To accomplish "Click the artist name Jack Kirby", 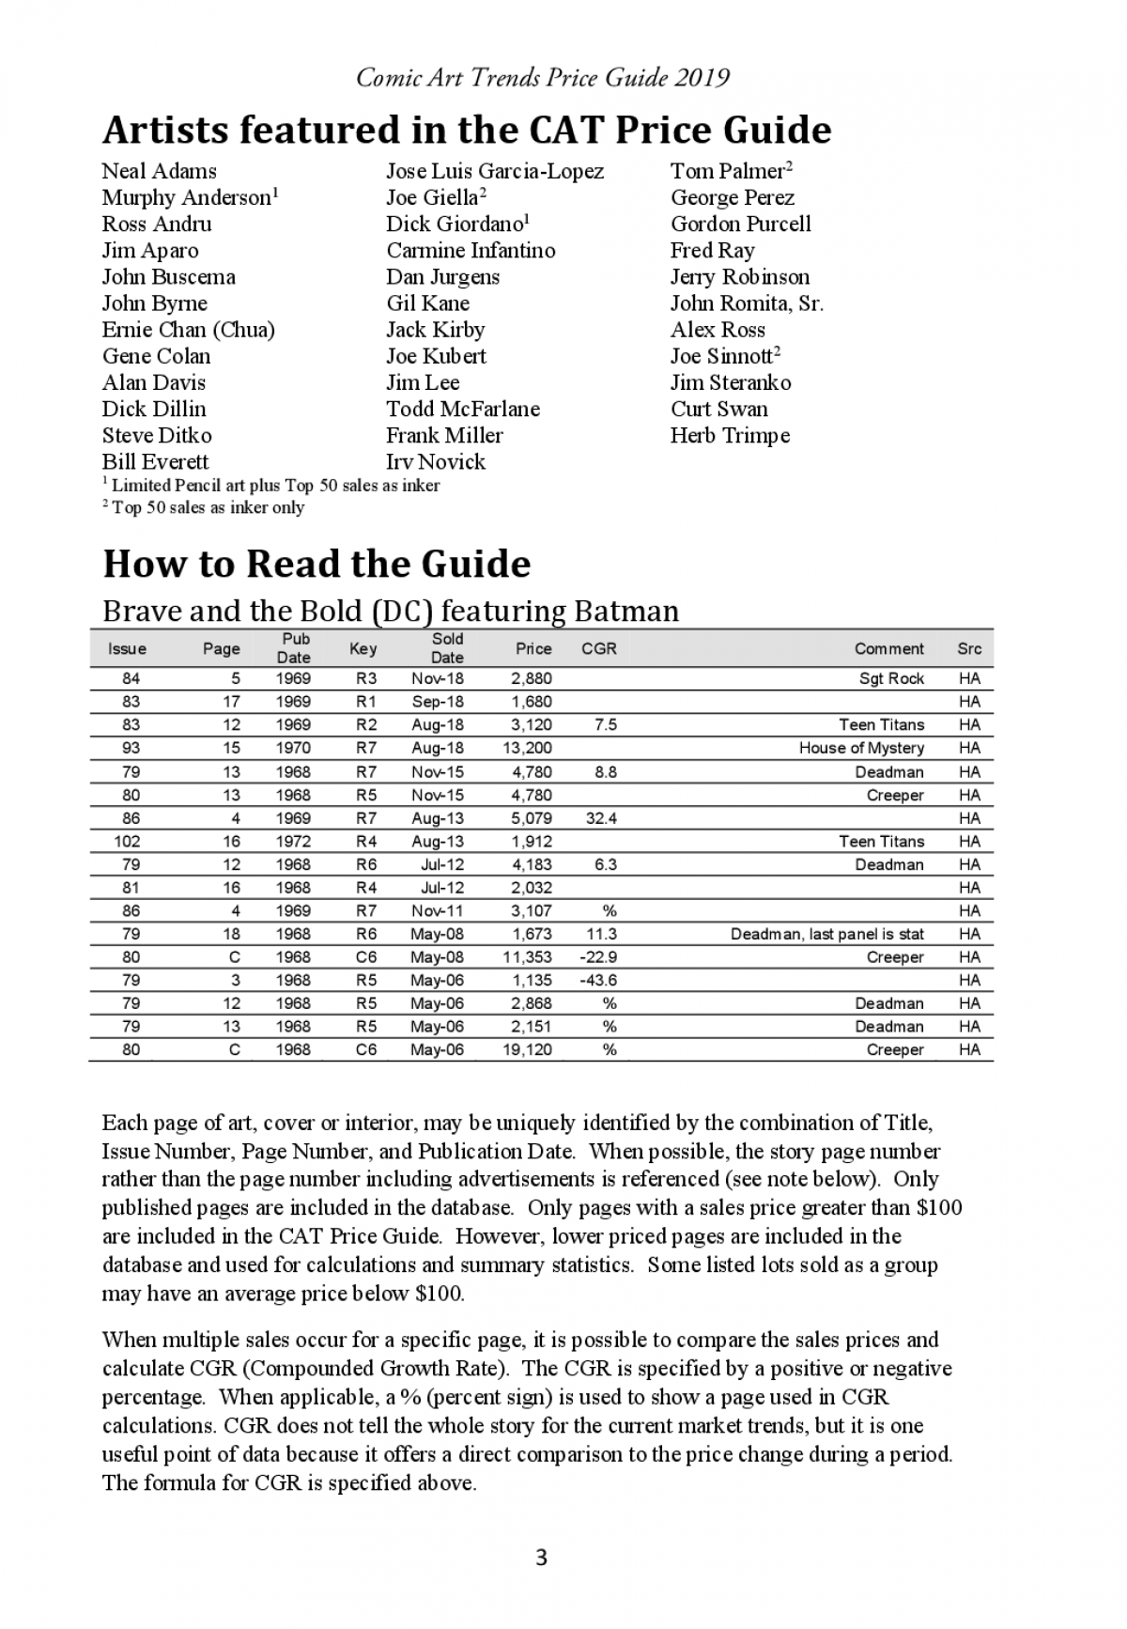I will point(435,330).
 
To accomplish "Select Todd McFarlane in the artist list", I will point(462,409).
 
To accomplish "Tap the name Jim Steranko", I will point(730,382).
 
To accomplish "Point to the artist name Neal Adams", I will point(159,171).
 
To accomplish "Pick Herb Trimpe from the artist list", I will point(730,435).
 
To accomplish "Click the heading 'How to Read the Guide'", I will point(316,564).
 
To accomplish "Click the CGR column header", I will point(599,648).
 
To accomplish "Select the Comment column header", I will point(888,648).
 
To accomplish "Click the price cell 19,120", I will point(527,1049).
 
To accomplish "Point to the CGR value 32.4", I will point(601,818).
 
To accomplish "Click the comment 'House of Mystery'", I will point(861,748).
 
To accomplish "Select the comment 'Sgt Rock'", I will point(891,678).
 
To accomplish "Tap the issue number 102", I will point(127,841).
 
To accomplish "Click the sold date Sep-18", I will point(437,702).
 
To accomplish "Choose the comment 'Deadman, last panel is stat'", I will point(826,934).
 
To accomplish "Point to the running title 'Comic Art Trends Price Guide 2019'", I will point(543,77).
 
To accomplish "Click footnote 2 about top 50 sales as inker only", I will point(203,507).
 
